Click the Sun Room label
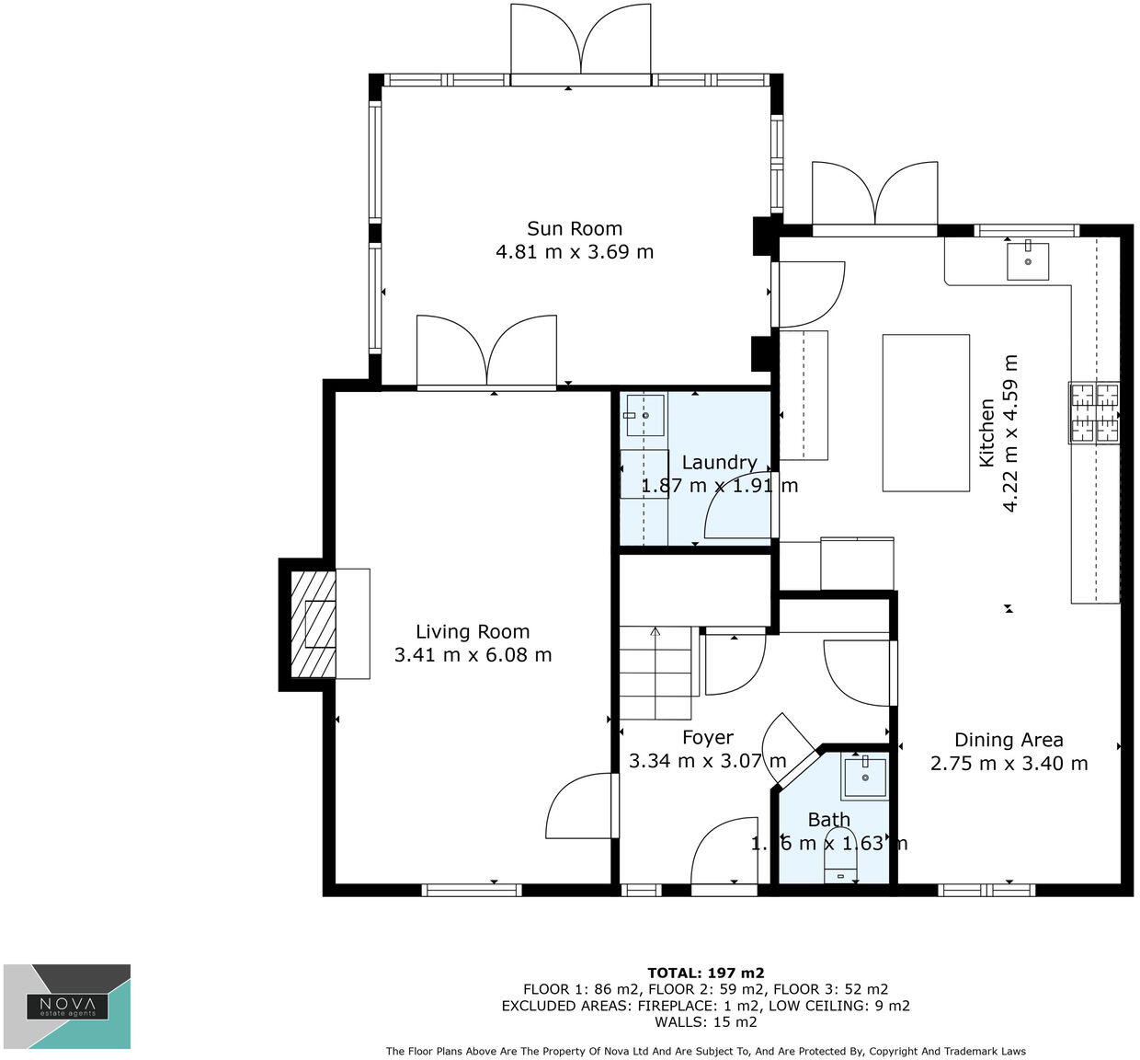[574, 228]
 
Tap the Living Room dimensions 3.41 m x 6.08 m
[473, 655]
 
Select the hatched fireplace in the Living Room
[313, 624]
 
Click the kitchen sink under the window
[1027, 259]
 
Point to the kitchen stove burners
[1094, 411]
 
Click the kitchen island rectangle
[926, 413]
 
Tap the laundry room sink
[645, 415]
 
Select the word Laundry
[719, 463]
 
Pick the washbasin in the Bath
[864, 778]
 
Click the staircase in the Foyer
[655, 673]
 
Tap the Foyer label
[708, 738]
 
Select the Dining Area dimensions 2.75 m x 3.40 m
[1009, 764]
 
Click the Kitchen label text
[986, 432]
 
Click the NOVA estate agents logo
[67, 1007]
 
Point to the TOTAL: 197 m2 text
[705, 973]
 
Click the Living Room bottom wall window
[472, 890]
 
